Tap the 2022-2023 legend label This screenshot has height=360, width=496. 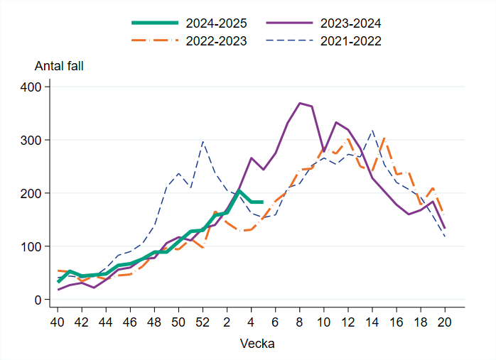(x=210, y=41)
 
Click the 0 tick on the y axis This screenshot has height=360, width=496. (x=39, y=300)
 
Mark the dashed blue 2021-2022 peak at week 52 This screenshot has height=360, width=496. (x=203, y=141)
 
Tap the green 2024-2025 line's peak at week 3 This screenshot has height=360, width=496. (x=239, y=191)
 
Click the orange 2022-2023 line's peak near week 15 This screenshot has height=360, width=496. (x=384, y=138)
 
